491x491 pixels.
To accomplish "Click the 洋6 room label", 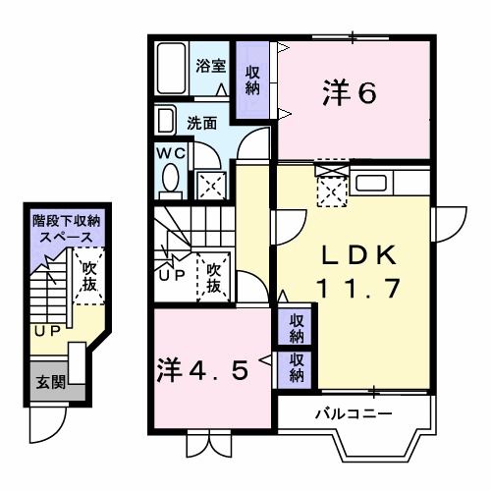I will pos(350,93).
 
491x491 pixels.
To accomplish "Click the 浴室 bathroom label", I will pos(209,67).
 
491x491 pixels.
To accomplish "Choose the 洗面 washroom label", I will pos(202,124).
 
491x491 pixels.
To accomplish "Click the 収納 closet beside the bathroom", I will pos(251,79).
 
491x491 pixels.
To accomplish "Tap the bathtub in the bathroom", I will pos(172,69).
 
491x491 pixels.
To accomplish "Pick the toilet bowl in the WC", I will pos(170,181).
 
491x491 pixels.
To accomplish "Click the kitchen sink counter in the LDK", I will pos(372,183).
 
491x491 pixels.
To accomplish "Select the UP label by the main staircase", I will pos(172,276).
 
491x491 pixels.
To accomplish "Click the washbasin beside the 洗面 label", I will pos(165,123).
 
